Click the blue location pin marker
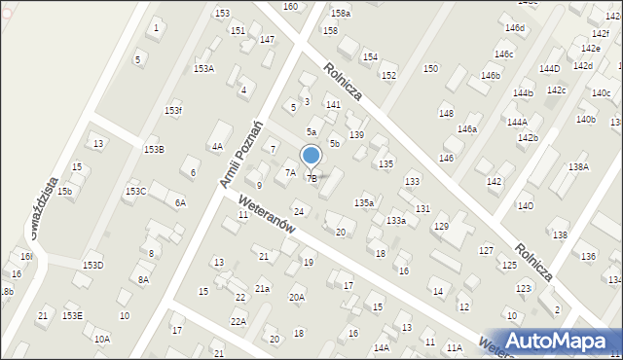311,157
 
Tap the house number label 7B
311,178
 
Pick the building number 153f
172,111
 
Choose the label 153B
154,149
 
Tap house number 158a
340,14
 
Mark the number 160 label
290,7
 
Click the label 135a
363,202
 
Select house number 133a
395,222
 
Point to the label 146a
467,129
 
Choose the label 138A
578,167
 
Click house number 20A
297,298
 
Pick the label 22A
238,321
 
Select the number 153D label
92,266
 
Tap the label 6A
180,203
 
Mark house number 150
430,69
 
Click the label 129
441,227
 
